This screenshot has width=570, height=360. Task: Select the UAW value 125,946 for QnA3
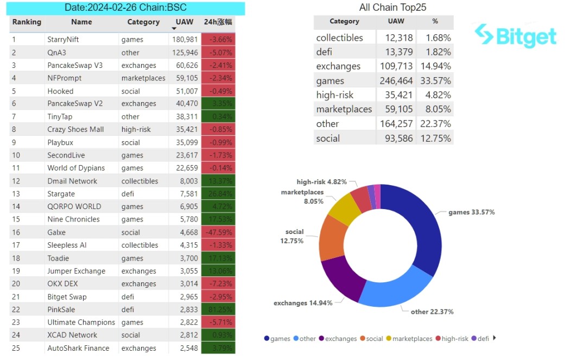(x=184, y=53)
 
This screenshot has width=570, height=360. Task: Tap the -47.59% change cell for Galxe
(x=218, y=232)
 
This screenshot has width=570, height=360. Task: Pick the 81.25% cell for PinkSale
(x=218, y=310)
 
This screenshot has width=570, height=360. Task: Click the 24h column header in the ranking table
(x=218, y=22)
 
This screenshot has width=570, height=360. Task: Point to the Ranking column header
(x=27, y=22)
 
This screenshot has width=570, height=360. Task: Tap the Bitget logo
(x=516, y=36)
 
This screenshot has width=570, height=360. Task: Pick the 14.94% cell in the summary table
(x=435, y=66)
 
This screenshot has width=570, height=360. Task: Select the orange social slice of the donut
(x=330, y=239)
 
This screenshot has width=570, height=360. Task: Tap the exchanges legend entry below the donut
(x=337, y=339)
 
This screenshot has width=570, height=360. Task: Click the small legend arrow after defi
(x=494, y=338)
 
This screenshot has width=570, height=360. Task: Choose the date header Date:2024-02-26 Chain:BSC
(x=125, y=8)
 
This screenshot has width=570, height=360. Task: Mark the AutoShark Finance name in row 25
(x=78, y=348)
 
